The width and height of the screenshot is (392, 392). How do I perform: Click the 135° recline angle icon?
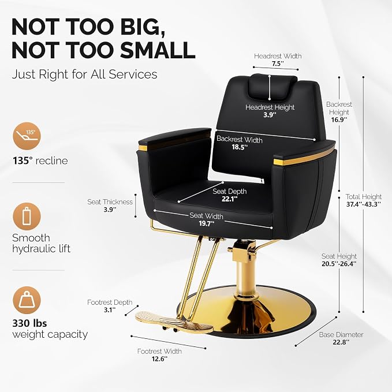pyautogui.click(x=27, y=136)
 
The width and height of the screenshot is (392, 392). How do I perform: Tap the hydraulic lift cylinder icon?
pyautogui.click(x=27, y=216)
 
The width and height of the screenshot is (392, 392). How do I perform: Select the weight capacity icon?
pyautogui.click(x=27, y=300)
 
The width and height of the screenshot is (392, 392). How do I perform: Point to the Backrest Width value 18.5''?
pyautogui.click(x=240, y=147)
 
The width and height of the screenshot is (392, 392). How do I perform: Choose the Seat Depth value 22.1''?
pyautogui.click(x=230, y=199)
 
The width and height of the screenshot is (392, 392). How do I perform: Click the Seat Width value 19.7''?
pyautogui.click(x=207, y=223)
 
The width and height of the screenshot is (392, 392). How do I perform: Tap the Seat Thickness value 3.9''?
pyautogui.click(x=110, y=210)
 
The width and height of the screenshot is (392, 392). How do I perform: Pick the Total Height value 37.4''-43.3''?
pyautogui.click(x=364, y=204)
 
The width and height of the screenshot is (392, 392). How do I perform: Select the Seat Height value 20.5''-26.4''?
pyautogui.click(x=339, y=264)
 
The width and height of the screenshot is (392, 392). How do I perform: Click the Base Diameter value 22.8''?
pyautogui.click(x=341, y=342)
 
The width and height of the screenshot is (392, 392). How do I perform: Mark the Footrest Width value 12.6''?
pyautogui.click(x=159, y=359)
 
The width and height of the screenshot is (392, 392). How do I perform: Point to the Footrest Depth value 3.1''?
pyautogui.click(x=110, y=310)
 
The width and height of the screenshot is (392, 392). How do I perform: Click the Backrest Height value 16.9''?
pyautogui.click(x=339, y=120)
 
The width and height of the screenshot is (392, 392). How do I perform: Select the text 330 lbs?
pyautogui.click(x=29, y=323)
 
